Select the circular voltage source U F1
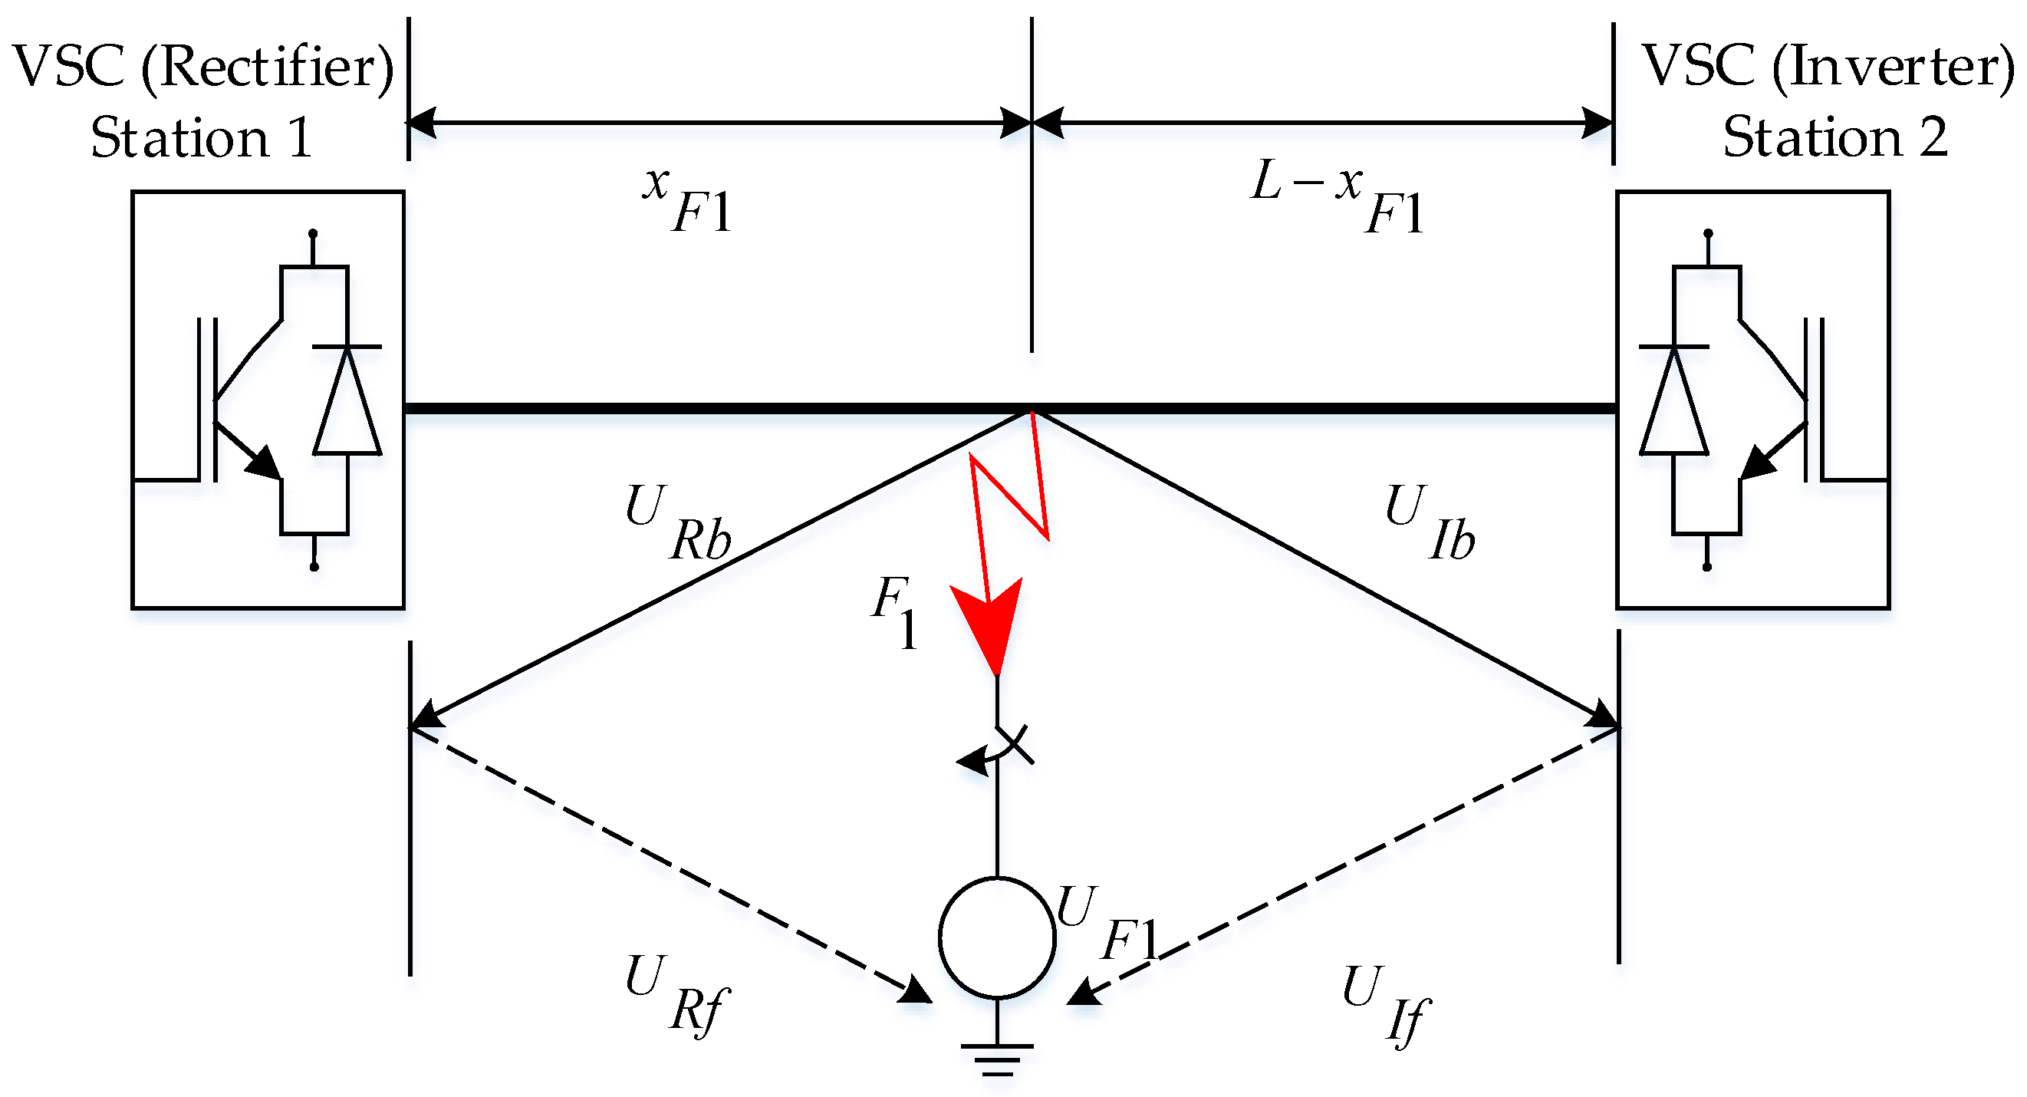(x=997, y=937)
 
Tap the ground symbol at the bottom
(x=997, y=1059)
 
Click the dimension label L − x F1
(x=1338, y=196)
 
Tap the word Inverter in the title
(x=1893, y=66)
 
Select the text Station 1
(x=202, y=139)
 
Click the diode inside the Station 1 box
(x=347, y=400)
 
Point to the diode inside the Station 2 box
(x=1673, y=400)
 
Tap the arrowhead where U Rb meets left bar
(x=427, y=714)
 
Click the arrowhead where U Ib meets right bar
(x=1602, y=714)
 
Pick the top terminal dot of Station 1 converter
(x=313, y=233)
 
